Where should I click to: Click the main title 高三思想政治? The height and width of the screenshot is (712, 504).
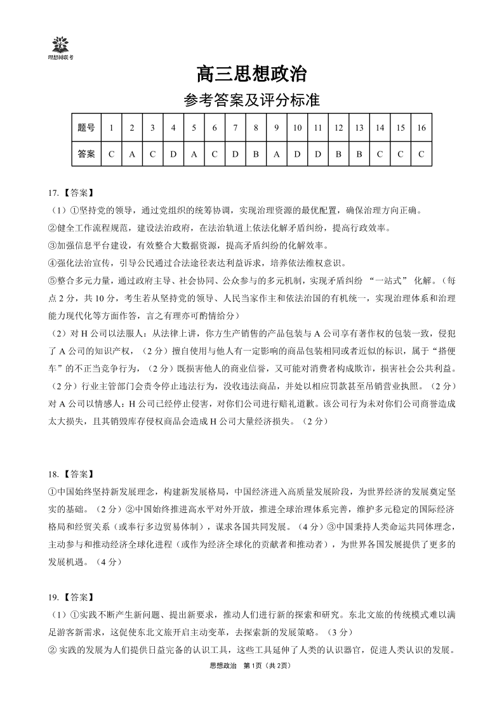click(x=251, y=75)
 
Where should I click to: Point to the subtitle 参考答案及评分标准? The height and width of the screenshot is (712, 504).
click(x=251, y=100)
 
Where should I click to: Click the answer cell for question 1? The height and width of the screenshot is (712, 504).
click(x=111, y=153)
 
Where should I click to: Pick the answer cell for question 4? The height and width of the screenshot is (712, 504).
click(x=173, y=153)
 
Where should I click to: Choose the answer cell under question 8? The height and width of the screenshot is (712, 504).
click(x=255, y=153)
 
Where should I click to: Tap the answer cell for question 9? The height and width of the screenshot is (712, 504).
click(x=276, y=153)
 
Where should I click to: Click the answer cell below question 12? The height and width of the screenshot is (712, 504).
click(x=338, y=153)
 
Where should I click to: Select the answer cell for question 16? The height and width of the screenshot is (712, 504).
click(x=421, y=153)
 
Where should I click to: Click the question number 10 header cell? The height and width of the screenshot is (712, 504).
click(x=297, y=127)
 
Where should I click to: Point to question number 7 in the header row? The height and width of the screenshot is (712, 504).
click(x=235, y=127)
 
